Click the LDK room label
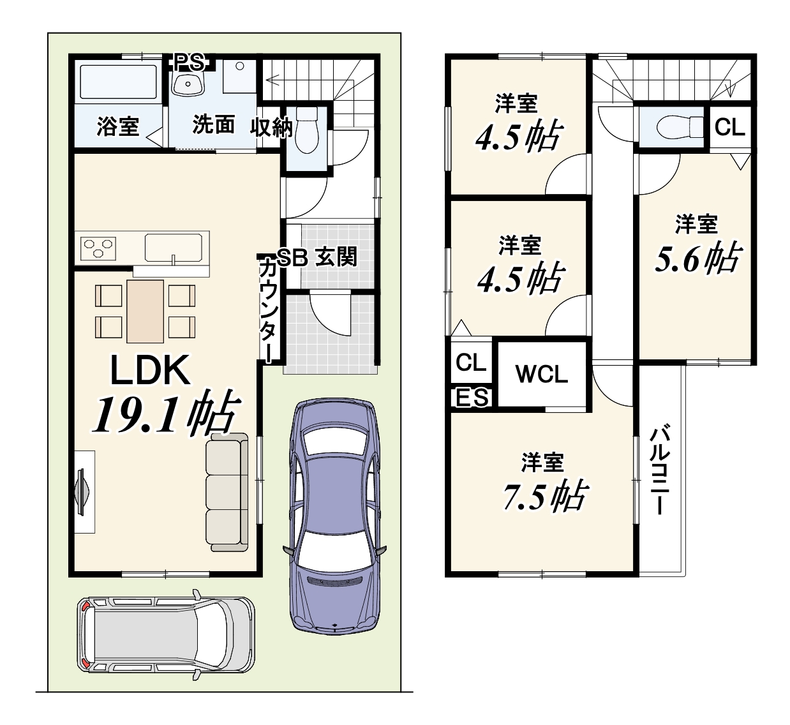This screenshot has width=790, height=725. [151, 370]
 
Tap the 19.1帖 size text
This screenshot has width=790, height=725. [166, 413]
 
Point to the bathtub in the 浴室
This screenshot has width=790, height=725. [119, 82]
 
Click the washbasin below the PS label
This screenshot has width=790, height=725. [188, 83]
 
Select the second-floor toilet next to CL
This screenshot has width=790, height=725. [680, 127]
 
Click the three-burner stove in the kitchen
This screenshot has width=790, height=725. [98, 248]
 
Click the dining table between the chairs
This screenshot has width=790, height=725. [145, 311]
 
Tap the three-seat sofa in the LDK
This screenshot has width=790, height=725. [227, 492]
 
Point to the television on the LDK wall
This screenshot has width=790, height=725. [82, 492]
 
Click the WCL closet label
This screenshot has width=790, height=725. [542, 374]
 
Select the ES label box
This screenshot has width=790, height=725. [472, 398]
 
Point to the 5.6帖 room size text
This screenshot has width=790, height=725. [698, 258]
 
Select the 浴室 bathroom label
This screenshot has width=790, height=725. [118, 126]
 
